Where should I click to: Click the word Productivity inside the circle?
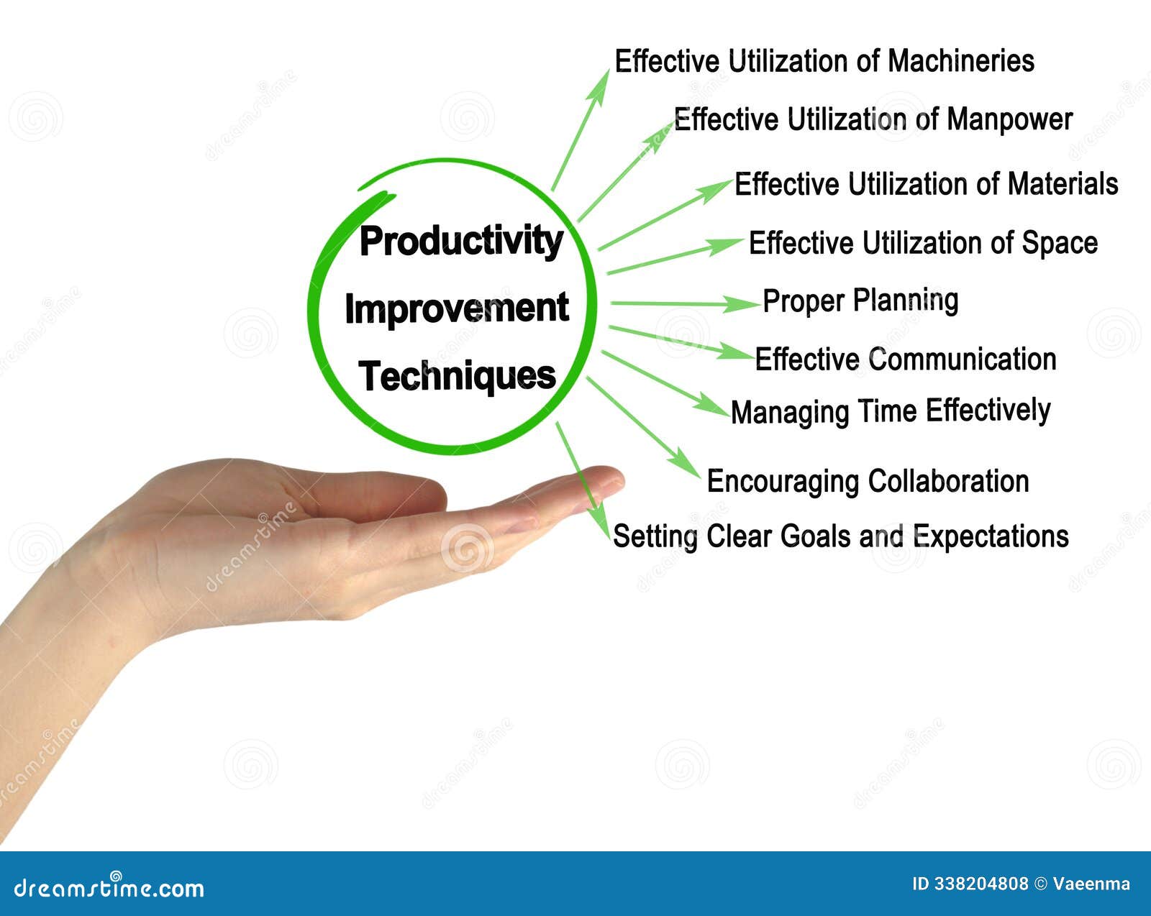tap(460, 241)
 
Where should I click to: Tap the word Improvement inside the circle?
tap(457, 308)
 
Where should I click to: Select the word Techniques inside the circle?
tap(457, 376)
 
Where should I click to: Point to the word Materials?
tap(1063, 184)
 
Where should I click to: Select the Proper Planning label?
tap(860, 301)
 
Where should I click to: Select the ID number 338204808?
tap(981, 884)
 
